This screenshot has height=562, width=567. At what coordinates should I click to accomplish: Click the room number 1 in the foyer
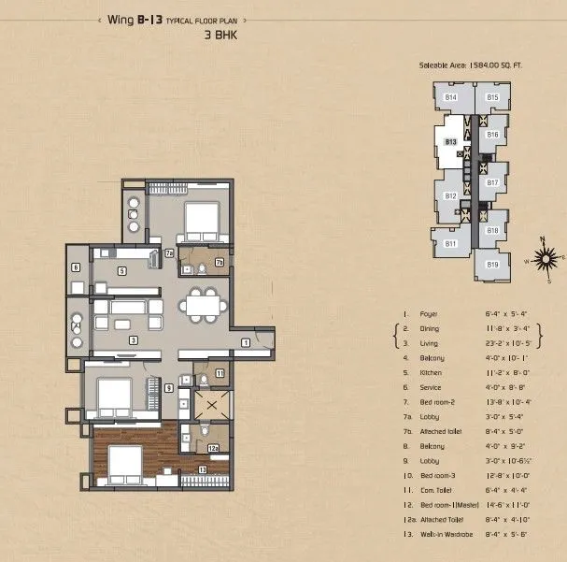click(245, 343)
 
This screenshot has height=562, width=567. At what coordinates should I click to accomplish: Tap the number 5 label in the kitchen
click(122, 270)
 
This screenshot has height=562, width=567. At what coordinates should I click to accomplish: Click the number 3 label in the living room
click(135, 339)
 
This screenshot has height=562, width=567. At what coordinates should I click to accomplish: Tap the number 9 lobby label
click(169, 387)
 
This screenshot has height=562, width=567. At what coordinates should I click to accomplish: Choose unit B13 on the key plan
click(450, 141)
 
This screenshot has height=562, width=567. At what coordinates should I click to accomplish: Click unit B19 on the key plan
click(492, 265)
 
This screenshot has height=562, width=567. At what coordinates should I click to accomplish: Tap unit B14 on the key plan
click(451, 97)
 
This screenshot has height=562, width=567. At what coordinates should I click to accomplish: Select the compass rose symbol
click(545, 255)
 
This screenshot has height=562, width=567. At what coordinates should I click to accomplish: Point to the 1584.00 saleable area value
click(497, 66)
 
